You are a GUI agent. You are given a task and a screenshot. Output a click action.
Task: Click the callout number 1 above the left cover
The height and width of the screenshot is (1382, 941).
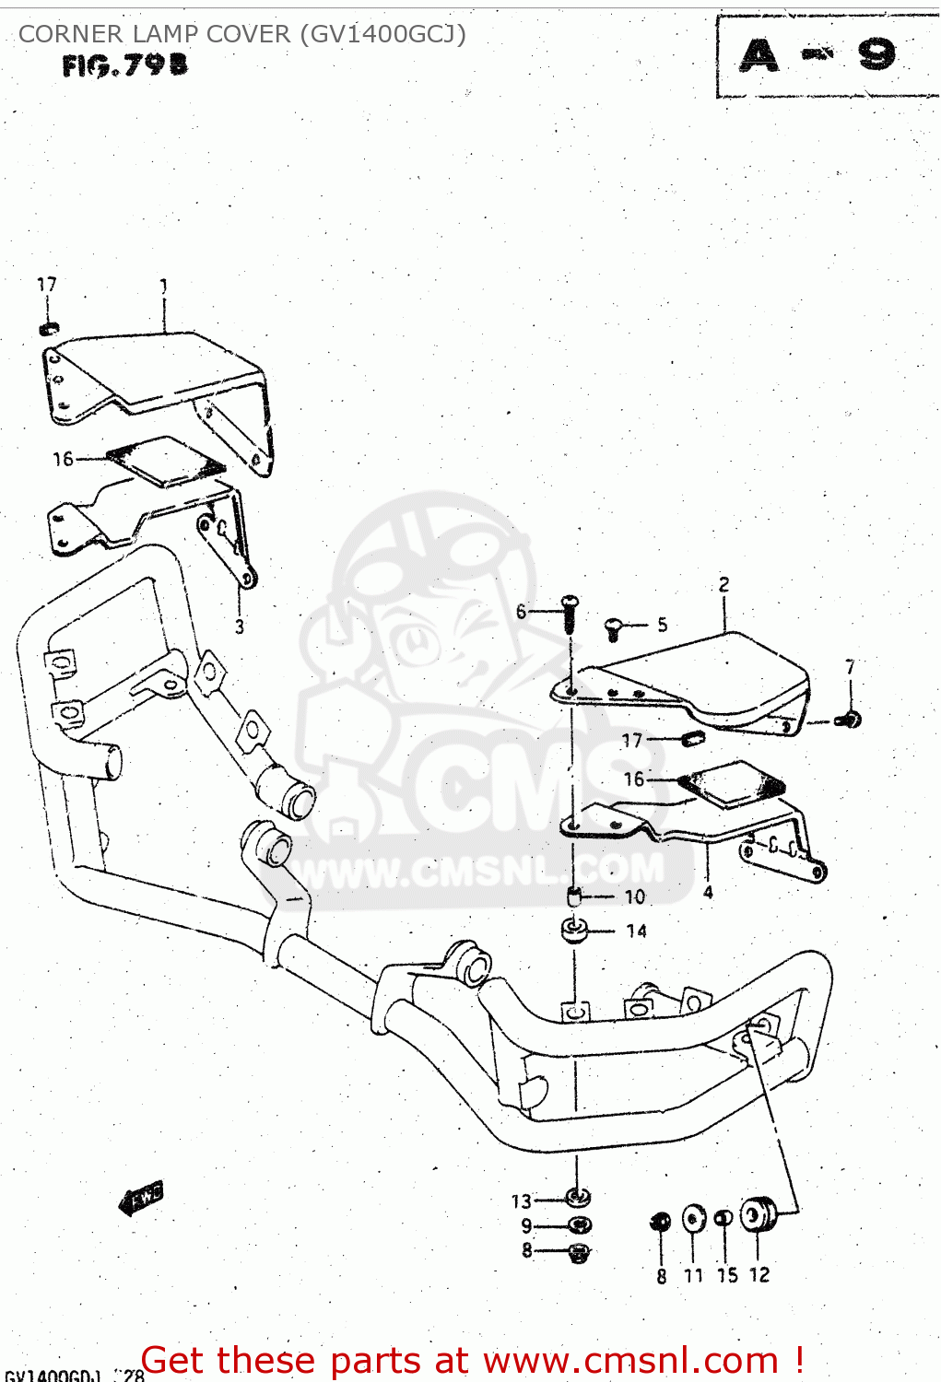pos(164,287)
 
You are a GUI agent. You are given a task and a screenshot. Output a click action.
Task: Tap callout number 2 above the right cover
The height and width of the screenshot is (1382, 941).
pos(724,584)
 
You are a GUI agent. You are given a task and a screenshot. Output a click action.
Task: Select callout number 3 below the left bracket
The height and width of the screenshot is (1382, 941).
pos(240,627)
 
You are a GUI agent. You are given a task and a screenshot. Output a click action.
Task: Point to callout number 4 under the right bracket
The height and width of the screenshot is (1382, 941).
pos(708,892)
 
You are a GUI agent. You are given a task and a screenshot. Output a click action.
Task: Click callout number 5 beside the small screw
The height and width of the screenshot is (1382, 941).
pos(662,626)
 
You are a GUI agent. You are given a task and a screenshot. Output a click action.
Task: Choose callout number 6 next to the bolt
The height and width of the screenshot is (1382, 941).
pos(522,611)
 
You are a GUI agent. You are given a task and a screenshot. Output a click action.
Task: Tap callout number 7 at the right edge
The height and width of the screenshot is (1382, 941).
pos(850,666)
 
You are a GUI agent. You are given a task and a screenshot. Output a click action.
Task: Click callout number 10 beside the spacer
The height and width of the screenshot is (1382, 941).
pos(635,896)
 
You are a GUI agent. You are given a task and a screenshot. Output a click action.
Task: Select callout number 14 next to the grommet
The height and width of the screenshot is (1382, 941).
pos(637,931)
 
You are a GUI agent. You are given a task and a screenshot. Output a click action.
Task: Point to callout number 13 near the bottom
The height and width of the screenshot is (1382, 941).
pos(522,1201)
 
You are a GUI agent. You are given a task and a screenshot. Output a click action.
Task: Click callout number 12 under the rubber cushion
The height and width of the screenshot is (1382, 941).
pos(759,1275)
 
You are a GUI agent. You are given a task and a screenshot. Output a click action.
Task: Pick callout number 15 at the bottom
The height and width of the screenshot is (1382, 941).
pos(727,1275)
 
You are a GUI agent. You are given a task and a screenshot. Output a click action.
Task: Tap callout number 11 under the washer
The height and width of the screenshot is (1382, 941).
pos(693,1275)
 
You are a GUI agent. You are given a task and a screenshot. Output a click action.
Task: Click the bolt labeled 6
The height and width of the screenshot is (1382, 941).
pos(570,612)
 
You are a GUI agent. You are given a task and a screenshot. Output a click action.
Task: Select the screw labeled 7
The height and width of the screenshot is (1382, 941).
pos(850,720)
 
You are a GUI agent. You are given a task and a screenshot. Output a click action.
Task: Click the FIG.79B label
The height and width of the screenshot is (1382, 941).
pos(125,65)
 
